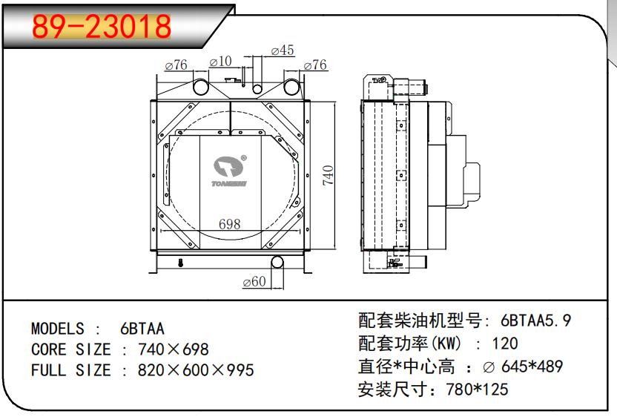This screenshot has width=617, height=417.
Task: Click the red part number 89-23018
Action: pos(102,27)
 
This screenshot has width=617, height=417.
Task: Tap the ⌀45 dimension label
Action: pos(283,50)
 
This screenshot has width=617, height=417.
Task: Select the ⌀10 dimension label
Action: pos(220,62)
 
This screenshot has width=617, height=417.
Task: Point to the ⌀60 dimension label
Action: pos(254,281)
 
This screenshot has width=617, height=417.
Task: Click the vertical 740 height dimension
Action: pos(329,176)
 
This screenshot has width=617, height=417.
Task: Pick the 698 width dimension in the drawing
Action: pos(229,224)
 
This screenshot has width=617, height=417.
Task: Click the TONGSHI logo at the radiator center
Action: pos(229,171)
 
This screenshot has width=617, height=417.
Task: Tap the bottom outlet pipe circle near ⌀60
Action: pos(277,262)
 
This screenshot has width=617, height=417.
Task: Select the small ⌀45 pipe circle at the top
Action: pos(257,89)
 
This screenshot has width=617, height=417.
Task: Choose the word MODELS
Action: pos(57,329)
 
